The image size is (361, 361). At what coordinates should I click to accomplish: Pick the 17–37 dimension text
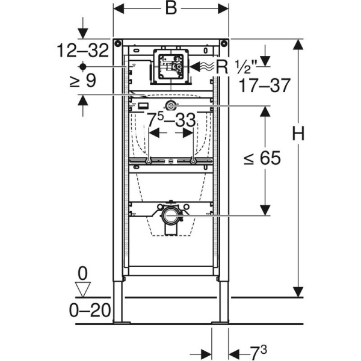click(x=264, y=86)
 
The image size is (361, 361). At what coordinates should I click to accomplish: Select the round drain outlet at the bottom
click(x=171, y=215)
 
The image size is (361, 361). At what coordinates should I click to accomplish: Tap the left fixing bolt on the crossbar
click(x=148, y=161)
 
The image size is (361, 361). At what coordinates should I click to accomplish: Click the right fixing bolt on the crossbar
click(x=193, y=161)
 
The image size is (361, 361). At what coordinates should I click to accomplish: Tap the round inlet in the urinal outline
click(x=171, y=107)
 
